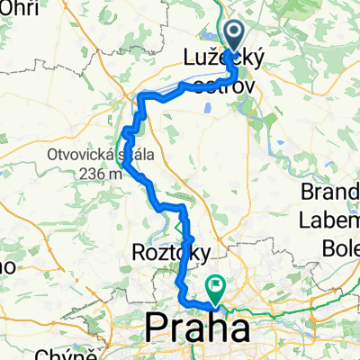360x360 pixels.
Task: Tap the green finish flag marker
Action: tap(216, 286)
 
